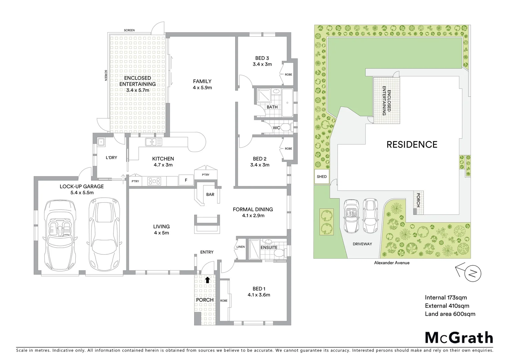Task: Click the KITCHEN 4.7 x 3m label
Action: [x=163, y=162]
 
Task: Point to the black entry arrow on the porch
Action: [x=207, y=280]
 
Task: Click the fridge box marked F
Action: [x=186, y=180]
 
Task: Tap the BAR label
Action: [x=210, y=194]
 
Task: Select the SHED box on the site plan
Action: [x=322, y=177]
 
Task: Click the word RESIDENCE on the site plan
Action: [x=412, y=144]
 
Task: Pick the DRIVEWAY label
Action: [x=362, y=244]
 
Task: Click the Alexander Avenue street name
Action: [x=392, y=263]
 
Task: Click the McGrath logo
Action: [x=459, y=337]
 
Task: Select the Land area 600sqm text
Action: [x=450, y=314]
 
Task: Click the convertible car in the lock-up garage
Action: [x=60, y=230]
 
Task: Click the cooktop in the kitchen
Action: [x=154, y=181]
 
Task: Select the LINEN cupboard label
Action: [x=240, y=247]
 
